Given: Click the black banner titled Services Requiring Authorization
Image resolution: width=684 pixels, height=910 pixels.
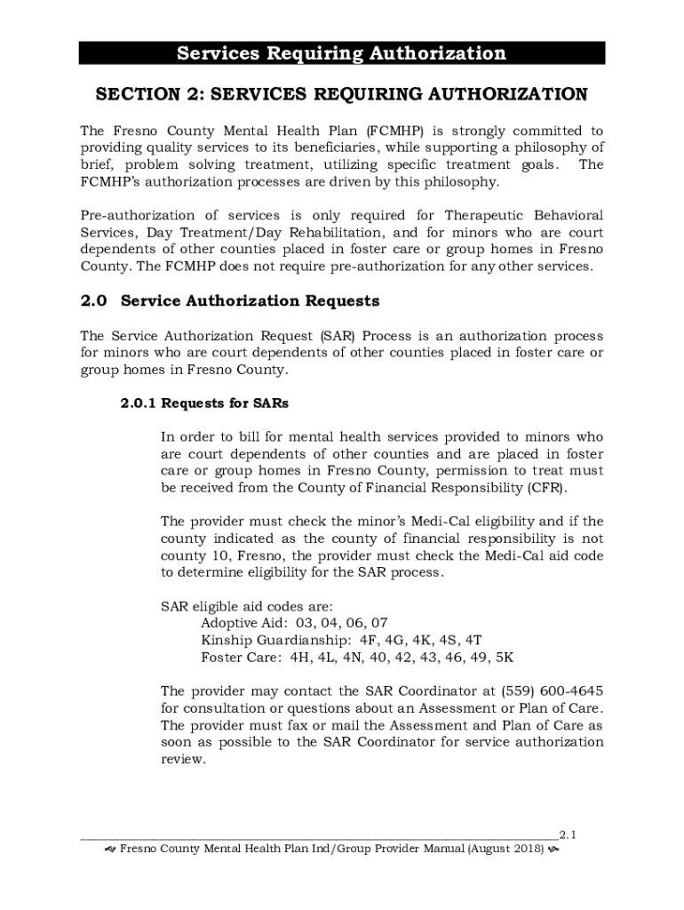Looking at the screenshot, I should (x=342, y=53).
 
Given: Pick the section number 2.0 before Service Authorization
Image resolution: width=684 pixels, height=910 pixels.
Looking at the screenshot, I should (x=93, y=301).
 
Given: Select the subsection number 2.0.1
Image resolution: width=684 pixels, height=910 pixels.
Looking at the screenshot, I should (x=138, y=403).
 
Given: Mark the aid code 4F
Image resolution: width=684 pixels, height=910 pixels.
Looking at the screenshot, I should (x=369, y=640).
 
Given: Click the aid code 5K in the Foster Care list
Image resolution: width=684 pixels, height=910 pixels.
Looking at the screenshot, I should (x=504, y=658).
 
